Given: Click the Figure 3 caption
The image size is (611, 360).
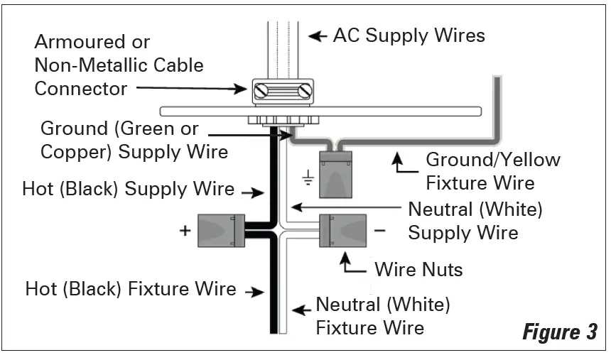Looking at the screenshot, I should pyautogui.click(x=559, y=332).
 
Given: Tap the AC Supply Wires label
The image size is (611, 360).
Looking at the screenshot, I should pyautogui.click(x=409, y=35).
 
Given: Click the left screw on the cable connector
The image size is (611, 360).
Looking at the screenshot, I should pyautogui.click(x=261, y=91).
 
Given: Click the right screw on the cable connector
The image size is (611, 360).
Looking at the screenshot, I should pyautogui.click(x=305, y=91).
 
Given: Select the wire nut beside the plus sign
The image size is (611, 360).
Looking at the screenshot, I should pyautogui.click(x=220, y=231).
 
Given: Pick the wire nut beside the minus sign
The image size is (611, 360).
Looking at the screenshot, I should pyautogui.click(x=343, y=231).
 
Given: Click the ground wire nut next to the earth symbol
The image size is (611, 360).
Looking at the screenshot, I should pyautogui.click(x=338, y=174).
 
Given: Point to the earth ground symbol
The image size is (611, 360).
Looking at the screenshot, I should pyautogui.click(x=308, y=178).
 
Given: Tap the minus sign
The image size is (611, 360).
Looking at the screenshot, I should pyautogui.click(x=380, y=231).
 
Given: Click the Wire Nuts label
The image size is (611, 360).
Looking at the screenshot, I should pyautogui.click(x=418, y=269).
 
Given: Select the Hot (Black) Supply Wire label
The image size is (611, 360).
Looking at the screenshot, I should pyautogui.click(x=128, y=189).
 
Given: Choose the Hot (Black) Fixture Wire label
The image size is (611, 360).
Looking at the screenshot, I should pyautogui.click(x=131, y=289).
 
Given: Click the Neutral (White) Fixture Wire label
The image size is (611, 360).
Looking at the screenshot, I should pyautogui.click(x=383, y=316).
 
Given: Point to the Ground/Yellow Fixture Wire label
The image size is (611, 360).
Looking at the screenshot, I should pyautogui.click(x=493, y=171).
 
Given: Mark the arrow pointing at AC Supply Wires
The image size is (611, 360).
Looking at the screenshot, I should pyautogui.click(x=318, y=35).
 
